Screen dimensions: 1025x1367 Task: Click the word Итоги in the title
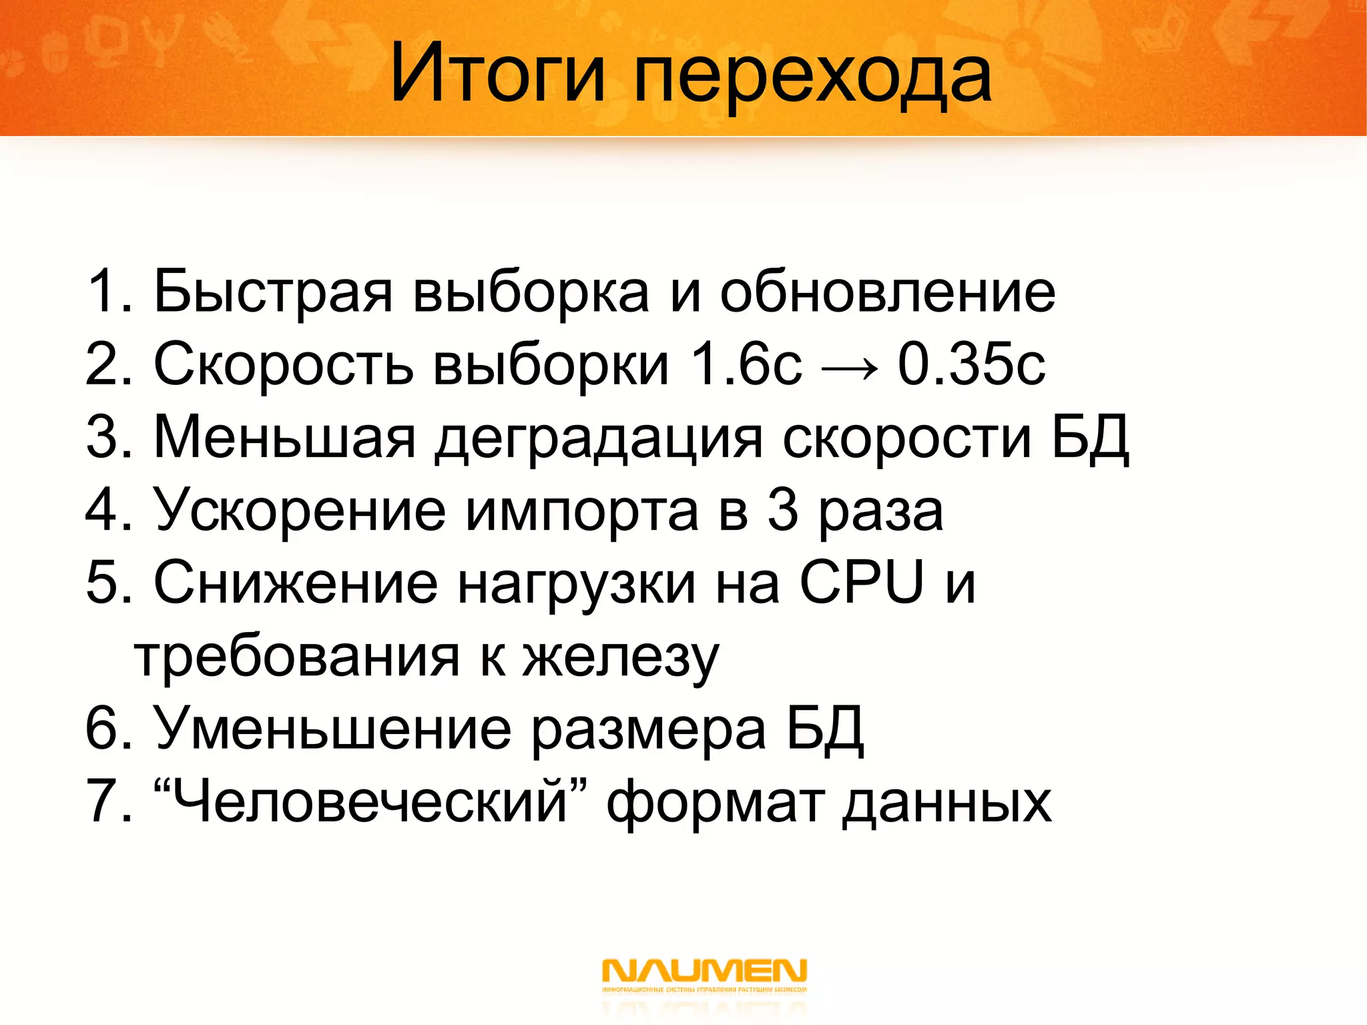click(497, 73)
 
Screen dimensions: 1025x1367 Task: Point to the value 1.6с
click(746, 365)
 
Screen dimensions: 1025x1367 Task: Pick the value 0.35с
click(971, 365)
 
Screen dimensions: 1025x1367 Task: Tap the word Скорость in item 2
click(283, 365)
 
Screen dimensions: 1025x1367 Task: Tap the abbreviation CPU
click(861, 583)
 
